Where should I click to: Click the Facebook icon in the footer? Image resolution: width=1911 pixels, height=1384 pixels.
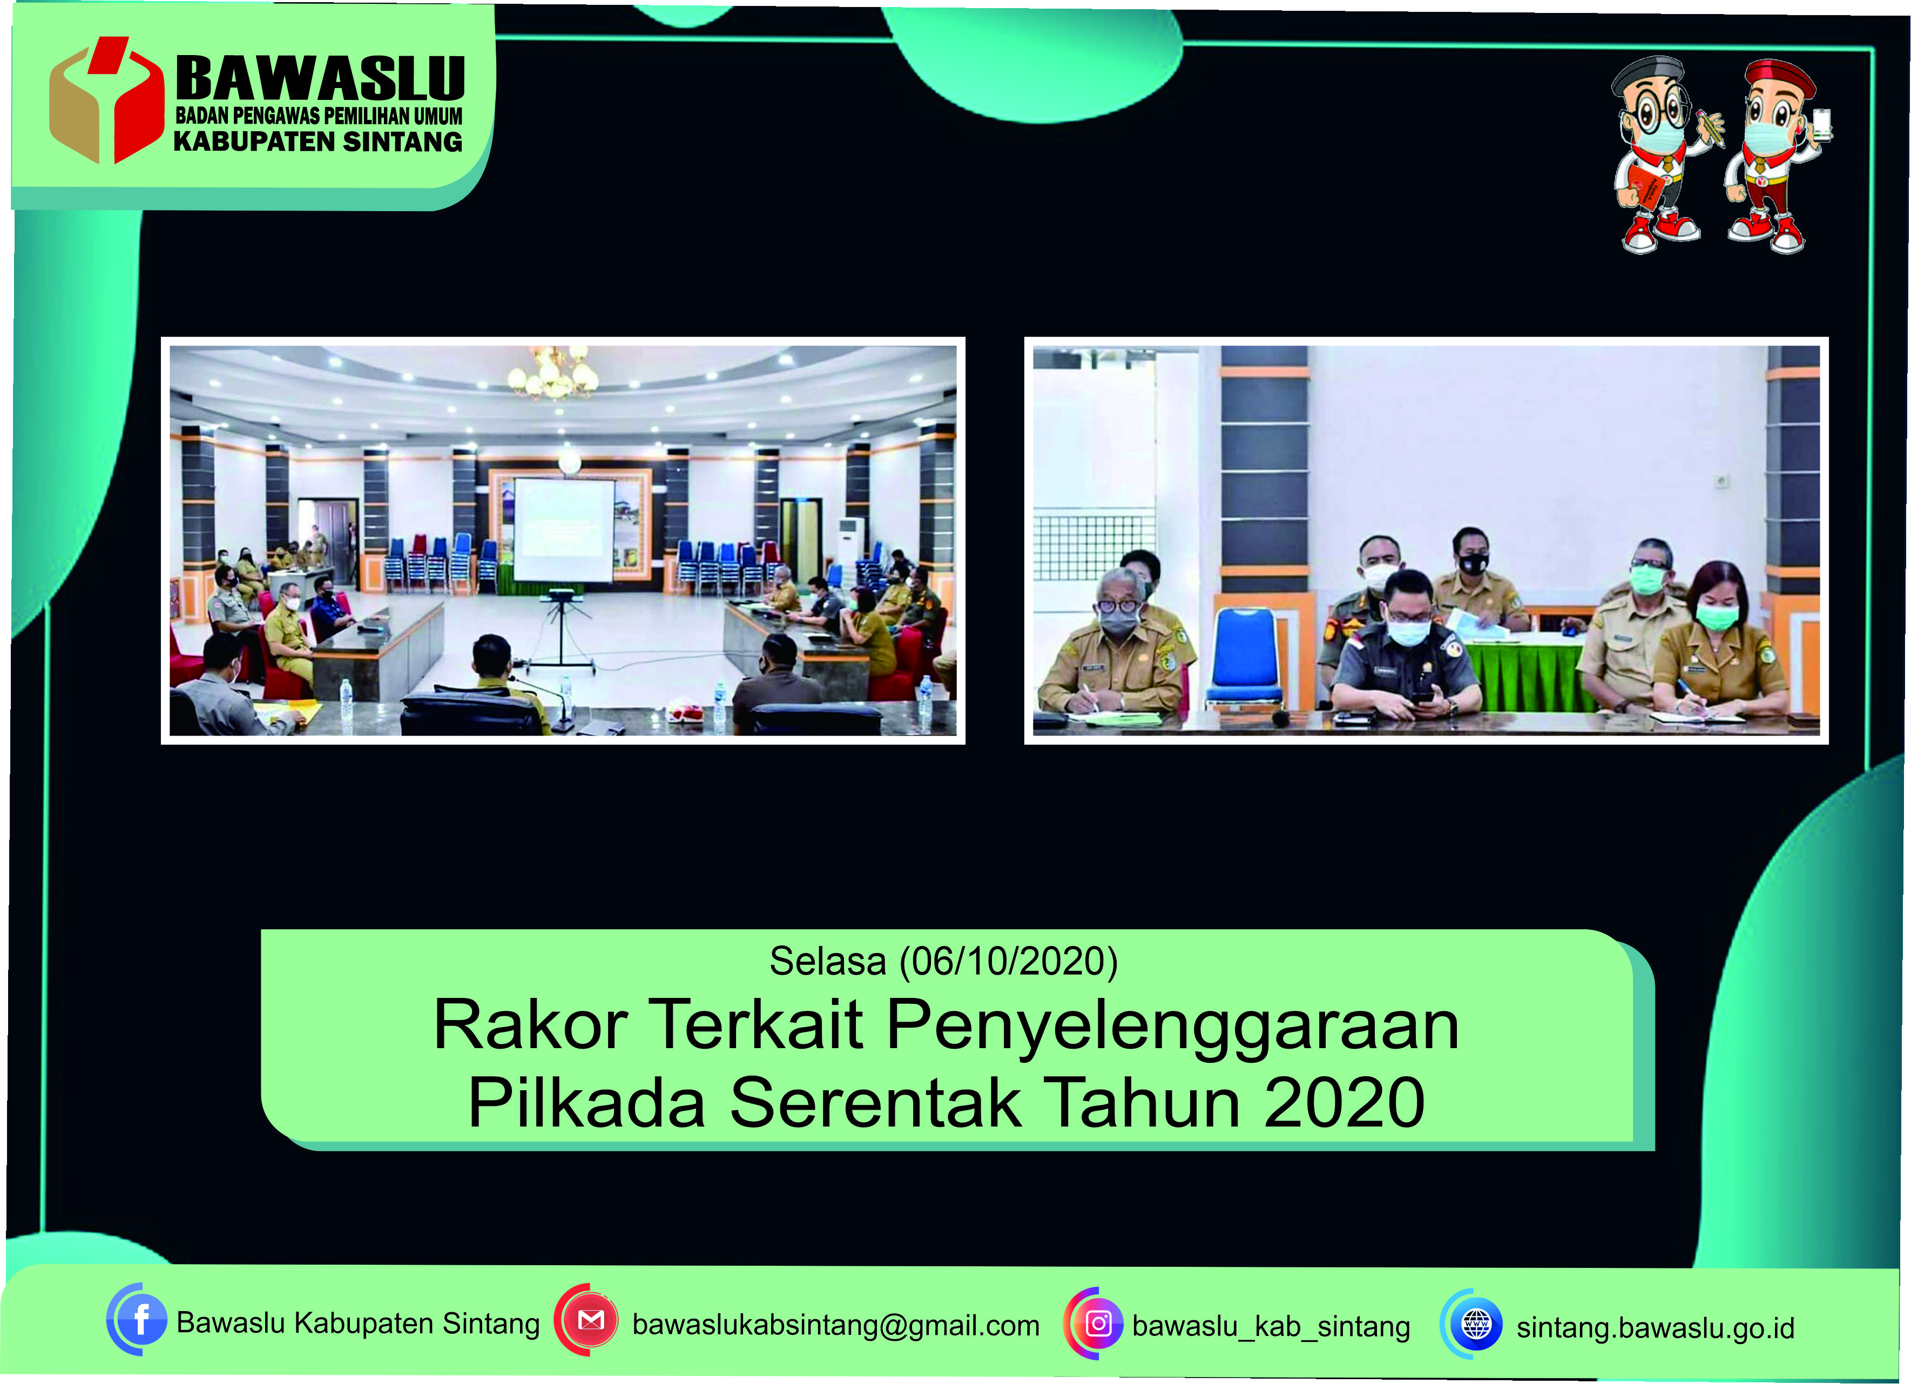(x=140, y=1319)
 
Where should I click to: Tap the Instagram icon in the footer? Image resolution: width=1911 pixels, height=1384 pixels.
(x=1098, y=1324)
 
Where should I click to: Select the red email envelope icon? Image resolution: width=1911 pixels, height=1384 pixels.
(x=591, y=1320)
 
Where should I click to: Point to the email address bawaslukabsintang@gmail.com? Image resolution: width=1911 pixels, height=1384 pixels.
(x=836, y=1325)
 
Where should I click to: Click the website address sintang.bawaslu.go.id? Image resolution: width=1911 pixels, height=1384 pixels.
(x=1655, y=1327)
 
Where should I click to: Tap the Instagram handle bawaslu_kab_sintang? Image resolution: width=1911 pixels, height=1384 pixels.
(x=1271, y=1326)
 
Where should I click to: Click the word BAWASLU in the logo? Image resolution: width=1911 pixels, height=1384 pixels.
(x=320, y=79)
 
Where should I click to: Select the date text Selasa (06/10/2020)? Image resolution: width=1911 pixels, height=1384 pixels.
(x=944, y=961)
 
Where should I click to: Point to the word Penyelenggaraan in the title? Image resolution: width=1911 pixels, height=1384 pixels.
(x=1173, y=1025)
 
